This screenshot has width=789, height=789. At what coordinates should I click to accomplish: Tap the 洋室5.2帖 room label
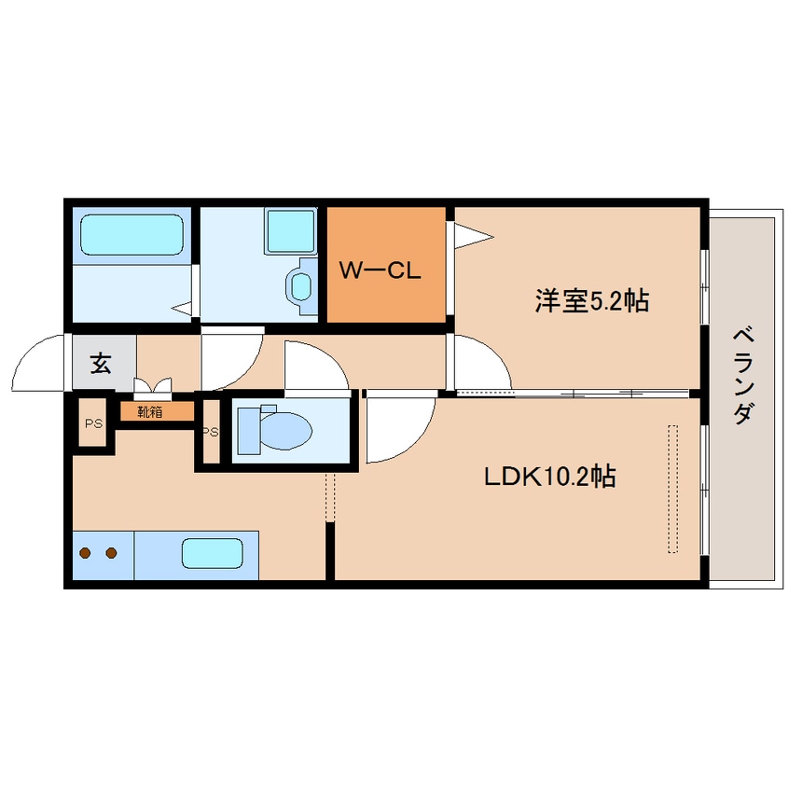tap(591, 300)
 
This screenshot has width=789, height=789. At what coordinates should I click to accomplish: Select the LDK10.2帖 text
tap(548, 477)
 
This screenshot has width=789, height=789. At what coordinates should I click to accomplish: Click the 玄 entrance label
tap(100, 363)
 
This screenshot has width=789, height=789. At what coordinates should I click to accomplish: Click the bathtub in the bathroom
tap(130, 235)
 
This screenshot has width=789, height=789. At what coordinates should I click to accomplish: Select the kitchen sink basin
tap(212, 554)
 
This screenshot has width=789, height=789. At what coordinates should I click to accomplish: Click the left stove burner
tap(86, 553)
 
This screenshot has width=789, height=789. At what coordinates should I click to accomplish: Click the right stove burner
tap(111, 553)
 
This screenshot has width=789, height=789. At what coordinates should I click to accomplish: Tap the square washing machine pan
tap(291, 230)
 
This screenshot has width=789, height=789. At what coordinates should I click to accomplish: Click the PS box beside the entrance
tap(92, 423)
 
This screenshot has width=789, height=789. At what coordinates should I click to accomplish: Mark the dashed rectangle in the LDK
tap(672, 489)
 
